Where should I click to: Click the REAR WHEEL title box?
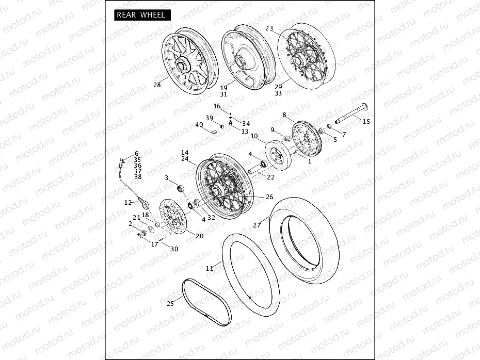pyautogui.click(x=140, y=15)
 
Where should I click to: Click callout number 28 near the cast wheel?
pyautogui.click(x=156, y=86)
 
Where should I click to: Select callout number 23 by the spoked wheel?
pyautogui.click(x=269, y=28)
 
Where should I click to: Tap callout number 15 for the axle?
pyautogui.click(x=366, y=122)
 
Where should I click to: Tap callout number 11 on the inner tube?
pyautogui.click(x=209, y=268)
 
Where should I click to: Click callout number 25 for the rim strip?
pyautogui.click(x=170, y=304)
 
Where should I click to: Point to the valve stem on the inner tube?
pyautogui.click(x=249, y=300)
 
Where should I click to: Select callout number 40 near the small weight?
pyautogui.click(x=199, y=125)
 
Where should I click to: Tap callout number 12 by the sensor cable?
pyautogui.click(x=128, y=203)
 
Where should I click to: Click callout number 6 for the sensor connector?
pyautogui.click(x=137, y=154)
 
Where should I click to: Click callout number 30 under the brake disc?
pyautogui.click(x=174, y=249)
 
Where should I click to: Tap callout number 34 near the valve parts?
pyautogui.click(x=246, y=124)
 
